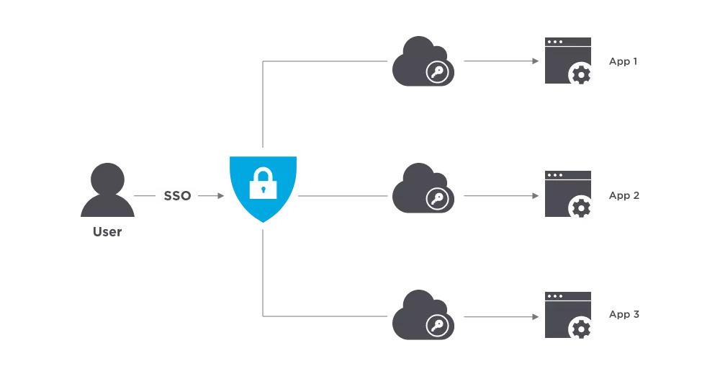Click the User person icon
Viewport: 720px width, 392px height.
pos(107,190)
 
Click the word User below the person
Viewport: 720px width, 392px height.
pos(107,232)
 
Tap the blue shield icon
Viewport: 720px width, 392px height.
pos(263,187)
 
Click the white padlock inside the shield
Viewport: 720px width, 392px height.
pos(263,184)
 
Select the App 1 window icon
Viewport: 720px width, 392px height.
pos(568,61)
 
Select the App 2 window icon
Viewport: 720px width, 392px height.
pos(568,195)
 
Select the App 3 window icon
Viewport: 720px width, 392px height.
pos(568,316)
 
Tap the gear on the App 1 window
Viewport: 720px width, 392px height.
pos(580,74)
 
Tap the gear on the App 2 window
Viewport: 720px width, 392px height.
pos(580,208)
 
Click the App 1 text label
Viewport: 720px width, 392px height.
pos(624,61)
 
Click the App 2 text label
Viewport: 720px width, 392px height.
pos(624,195)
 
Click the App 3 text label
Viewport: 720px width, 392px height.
pos(624,315)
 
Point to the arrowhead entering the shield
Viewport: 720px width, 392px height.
pos(221,195)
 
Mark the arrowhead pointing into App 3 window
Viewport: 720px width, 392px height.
pos(535,316)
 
